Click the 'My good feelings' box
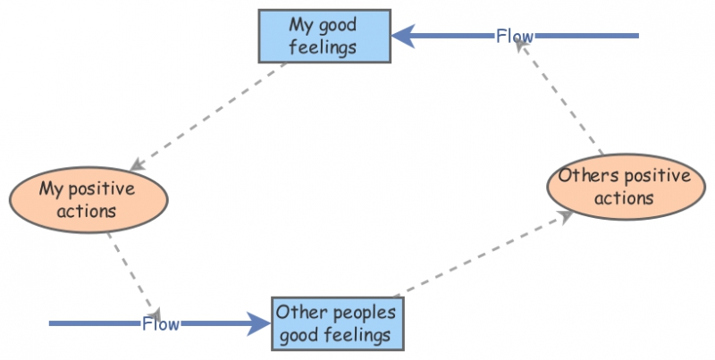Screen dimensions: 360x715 click(x=324, y=36)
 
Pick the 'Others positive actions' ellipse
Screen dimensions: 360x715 click(x=625, y=186)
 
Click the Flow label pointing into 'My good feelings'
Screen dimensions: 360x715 click(x=515, y=37)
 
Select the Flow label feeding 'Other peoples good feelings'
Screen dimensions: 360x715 click(x=161, y=323)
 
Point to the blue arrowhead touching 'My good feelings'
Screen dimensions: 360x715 click(x=404, y=36)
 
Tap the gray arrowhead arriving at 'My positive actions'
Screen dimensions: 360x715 click(x=137, y=165)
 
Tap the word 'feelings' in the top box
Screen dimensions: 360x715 click(x=324, y=46)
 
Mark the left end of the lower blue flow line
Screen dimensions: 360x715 click(x=51, y=323)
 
